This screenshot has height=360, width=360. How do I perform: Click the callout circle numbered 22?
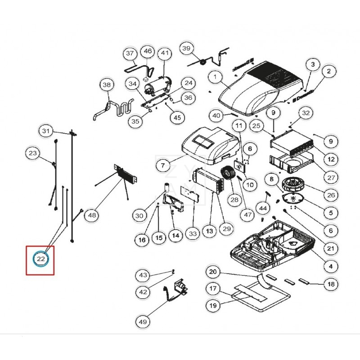[40, 259]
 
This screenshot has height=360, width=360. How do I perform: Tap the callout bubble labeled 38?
[107, 85]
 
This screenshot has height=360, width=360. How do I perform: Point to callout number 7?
[162, 166]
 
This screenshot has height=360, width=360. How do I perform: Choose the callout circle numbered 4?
[331, 266]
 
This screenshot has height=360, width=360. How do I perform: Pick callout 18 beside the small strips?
[331, 284]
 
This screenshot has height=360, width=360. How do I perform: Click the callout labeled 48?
[92, 216]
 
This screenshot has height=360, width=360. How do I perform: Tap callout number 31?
[45, 131]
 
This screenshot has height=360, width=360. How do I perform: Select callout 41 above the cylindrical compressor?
[165, 54]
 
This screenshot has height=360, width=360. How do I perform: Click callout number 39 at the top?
[186, 48]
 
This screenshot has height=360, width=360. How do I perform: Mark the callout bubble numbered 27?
[331, 178]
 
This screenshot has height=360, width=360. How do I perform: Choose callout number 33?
[193, 234]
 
